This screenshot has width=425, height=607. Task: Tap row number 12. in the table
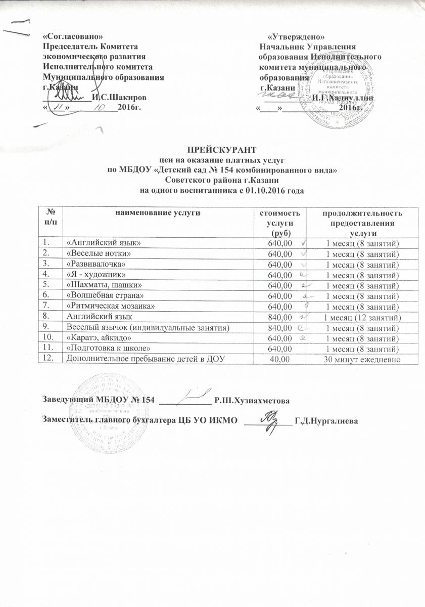coord(49,359)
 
